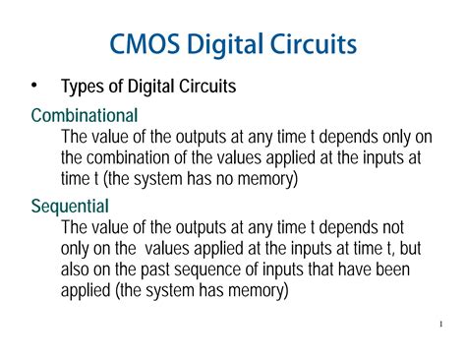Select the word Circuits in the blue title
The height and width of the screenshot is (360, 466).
click(309, 46)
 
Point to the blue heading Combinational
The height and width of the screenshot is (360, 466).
click(85, 115)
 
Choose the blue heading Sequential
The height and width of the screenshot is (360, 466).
click(70, 206)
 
